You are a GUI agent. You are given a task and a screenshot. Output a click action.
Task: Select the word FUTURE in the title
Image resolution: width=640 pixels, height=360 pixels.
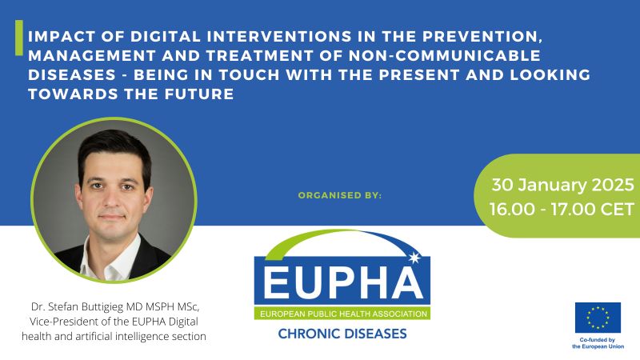tap(197, 94)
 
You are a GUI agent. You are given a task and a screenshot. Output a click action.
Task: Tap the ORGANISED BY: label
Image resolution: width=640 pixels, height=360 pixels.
tap(340, 194)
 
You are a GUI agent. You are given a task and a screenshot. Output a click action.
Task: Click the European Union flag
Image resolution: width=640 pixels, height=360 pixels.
tap(598, 318)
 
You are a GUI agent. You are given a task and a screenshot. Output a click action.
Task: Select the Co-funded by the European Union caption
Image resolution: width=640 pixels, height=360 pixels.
tap(598, 342)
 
